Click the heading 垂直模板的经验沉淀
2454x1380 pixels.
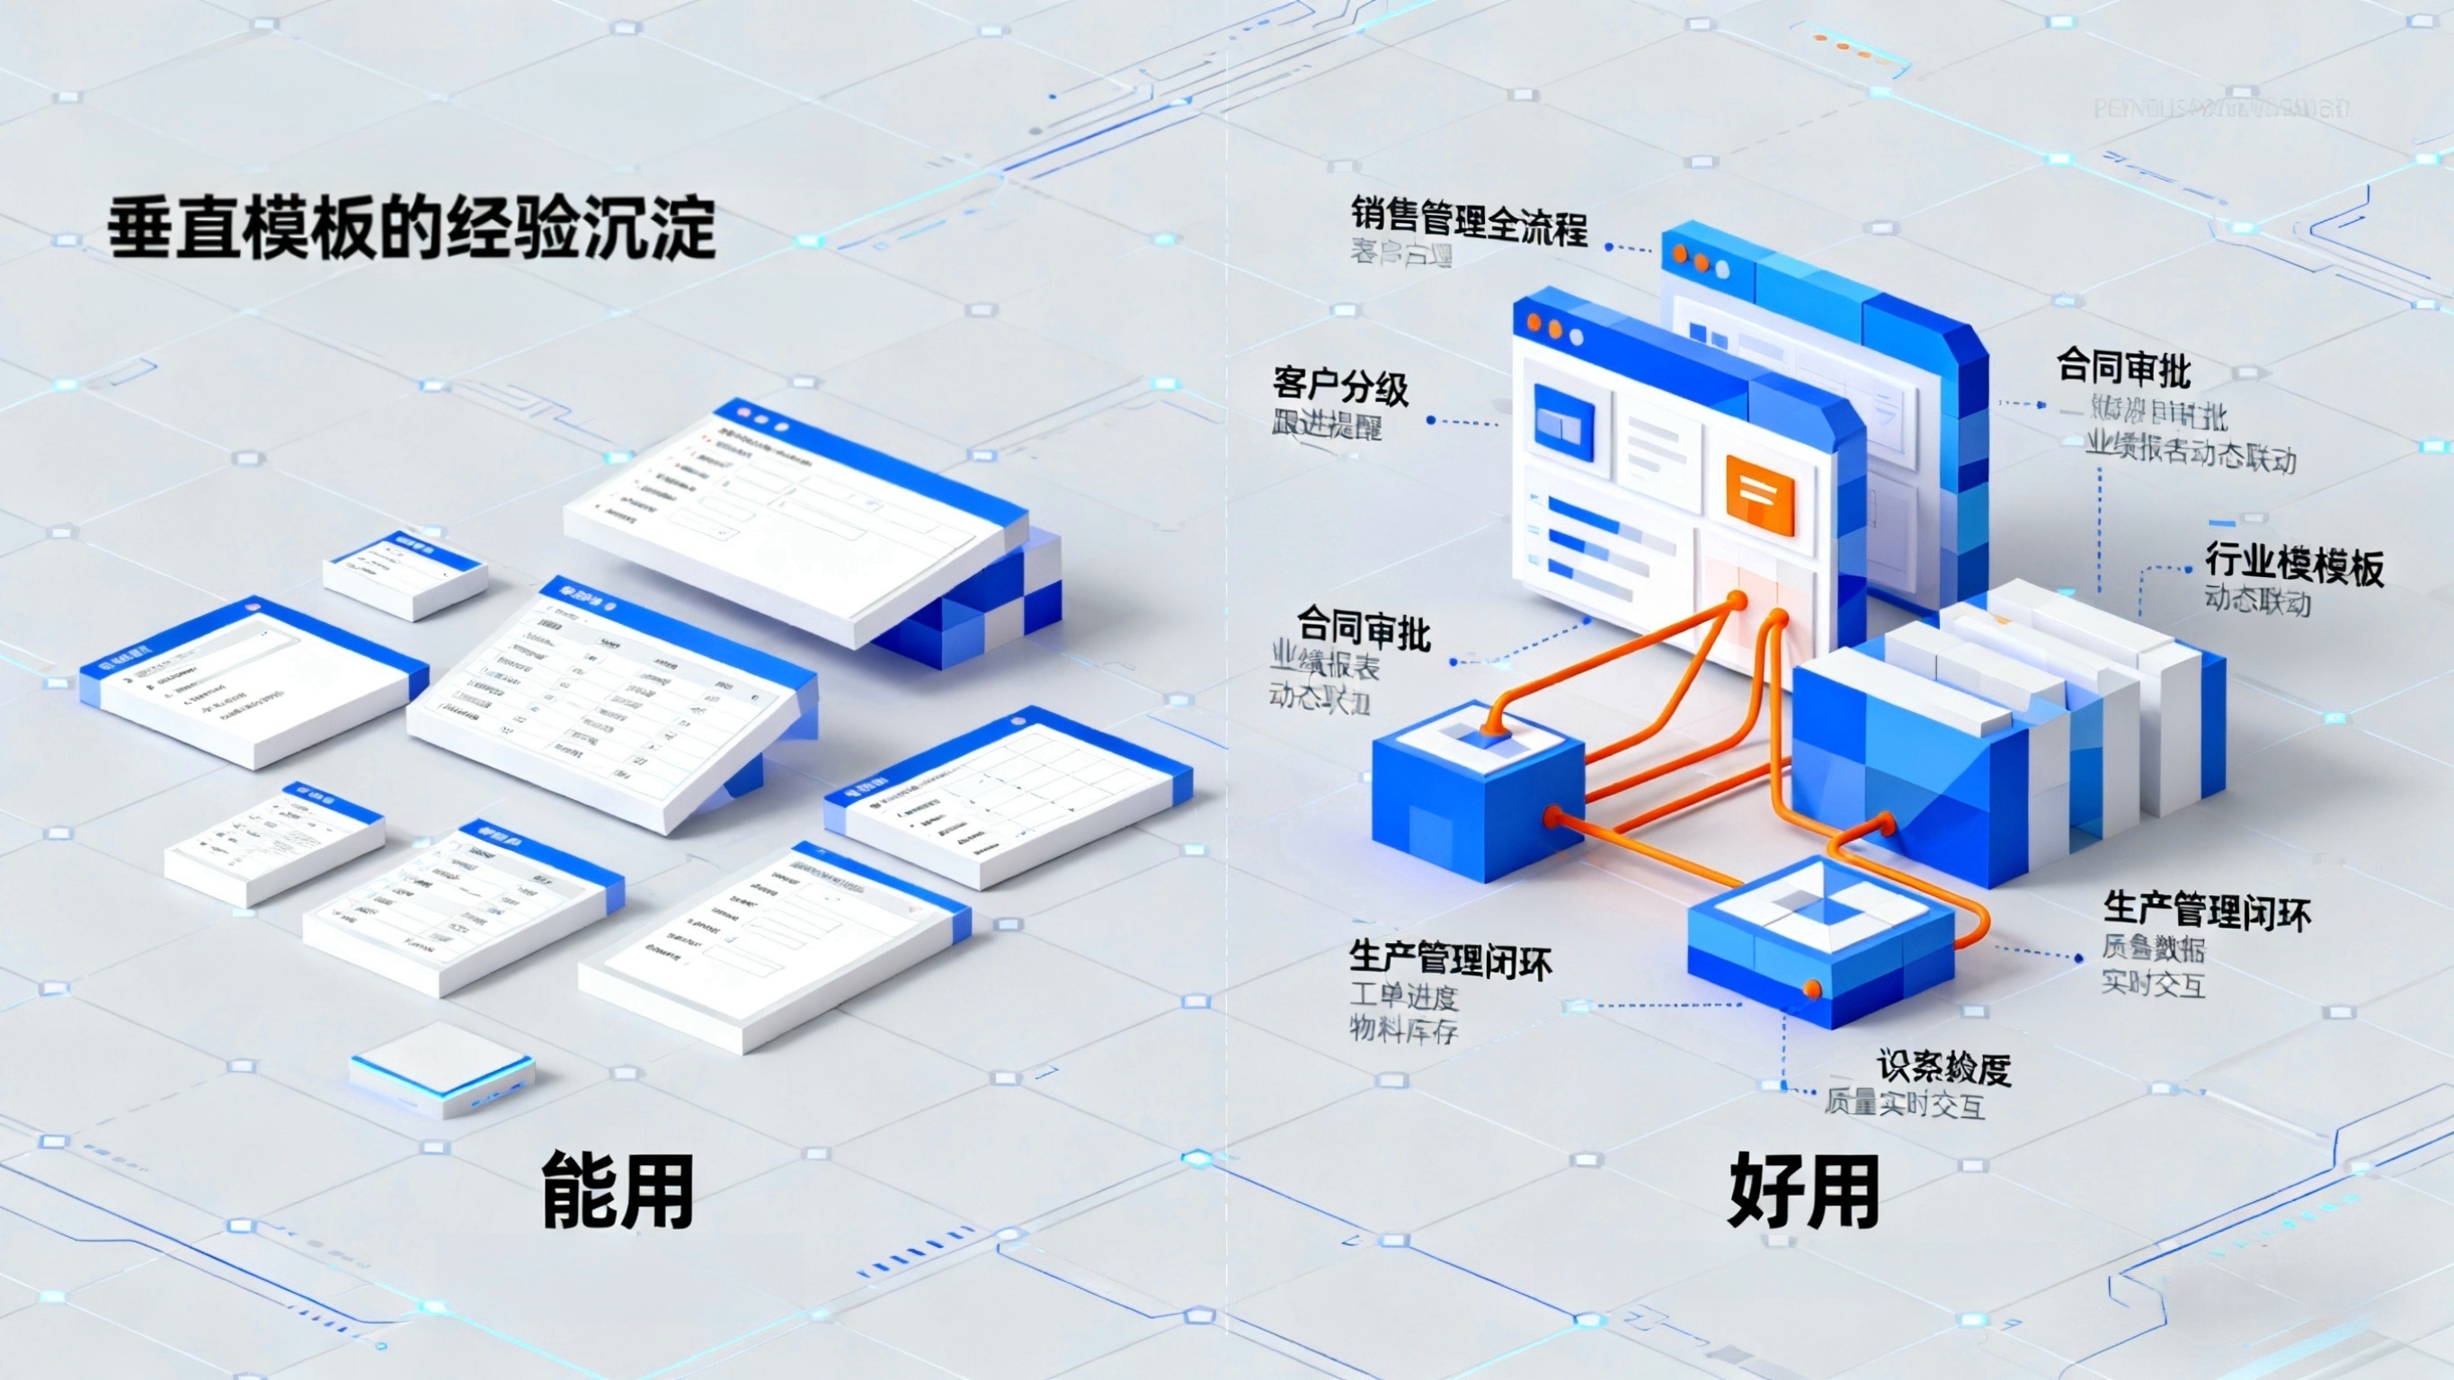point(411,228)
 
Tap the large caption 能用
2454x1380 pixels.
point(618,1190)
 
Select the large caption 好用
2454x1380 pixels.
point(1803,1190)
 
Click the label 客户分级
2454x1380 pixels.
point(1340,387)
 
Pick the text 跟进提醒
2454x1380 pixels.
point(1327,425)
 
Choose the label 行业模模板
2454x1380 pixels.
point(2294,565)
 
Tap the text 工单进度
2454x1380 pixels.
point(1404,997)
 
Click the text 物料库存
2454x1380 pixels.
point(1404,1030)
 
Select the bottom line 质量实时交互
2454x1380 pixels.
point(1906,1105)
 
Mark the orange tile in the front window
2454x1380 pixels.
point(1759,494)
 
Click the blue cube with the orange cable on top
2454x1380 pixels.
point(1478,791)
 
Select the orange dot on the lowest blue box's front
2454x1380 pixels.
point(1811,990)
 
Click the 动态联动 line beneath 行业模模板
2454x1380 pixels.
point(2258,602)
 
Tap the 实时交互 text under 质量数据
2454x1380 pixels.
point(2154,984)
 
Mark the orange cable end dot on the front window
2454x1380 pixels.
point(1737,601)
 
